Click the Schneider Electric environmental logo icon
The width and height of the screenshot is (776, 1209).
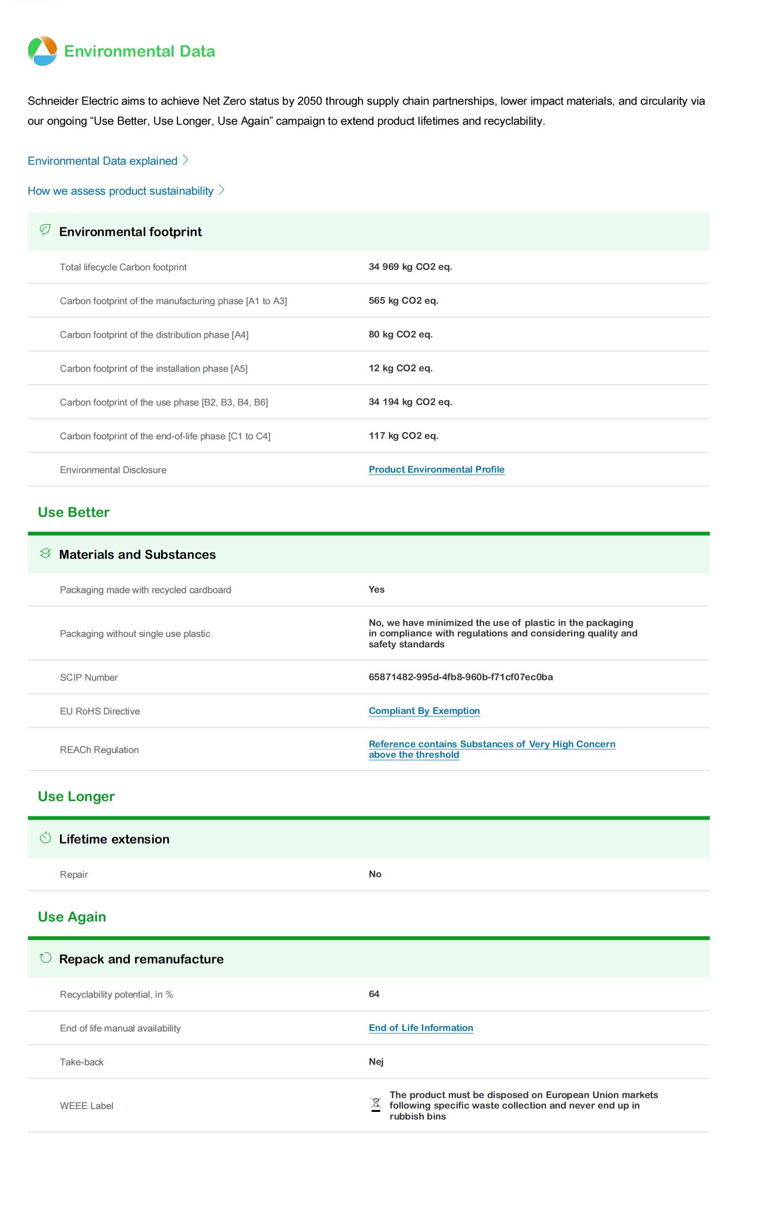click(42, 51)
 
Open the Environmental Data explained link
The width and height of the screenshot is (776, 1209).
click(102, 161)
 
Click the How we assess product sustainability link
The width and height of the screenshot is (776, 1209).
click(120, 191)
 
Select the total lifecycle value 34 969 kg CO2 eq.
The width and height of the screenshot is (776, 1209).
click(410, 267)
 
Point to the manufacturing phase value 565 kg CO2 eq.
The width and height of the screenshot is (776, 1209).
click(403, 300)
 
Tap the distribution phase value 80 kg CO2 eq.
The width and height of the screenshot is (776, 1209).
click(401, 334)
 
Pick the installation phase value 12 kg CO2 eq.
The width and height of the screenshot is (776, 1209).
click(401, 368)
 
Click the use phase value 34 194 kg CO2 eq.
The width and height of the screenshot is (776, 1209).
click(410, 402)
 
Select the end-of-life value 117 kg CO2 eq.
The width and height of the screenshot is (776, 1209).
click(403, 436)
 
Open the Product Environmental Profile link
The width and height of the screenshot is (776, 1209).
click(436, 469)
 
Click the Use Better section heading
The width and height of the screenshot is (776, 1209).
click(74, 512)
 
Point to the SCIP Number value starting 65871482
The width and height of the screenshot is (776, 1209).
click(461, 677)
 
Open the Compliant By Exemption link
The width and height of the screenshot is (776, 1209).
click(424, 711)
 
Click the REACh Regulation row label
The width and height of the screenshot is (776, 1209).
click(99, 749)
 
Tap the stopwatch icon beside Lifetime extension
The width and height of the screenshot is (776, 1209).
click(45, 838)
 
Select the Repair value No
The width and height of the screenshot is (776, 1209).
click(375, 874)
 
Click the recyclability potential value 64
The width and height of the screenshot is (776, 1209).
click(374, 994)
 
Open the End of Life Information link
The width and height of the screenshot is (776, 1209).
click(421, 1028)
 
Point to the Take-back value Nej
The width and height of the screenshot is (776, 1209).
click(376, 1061)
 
